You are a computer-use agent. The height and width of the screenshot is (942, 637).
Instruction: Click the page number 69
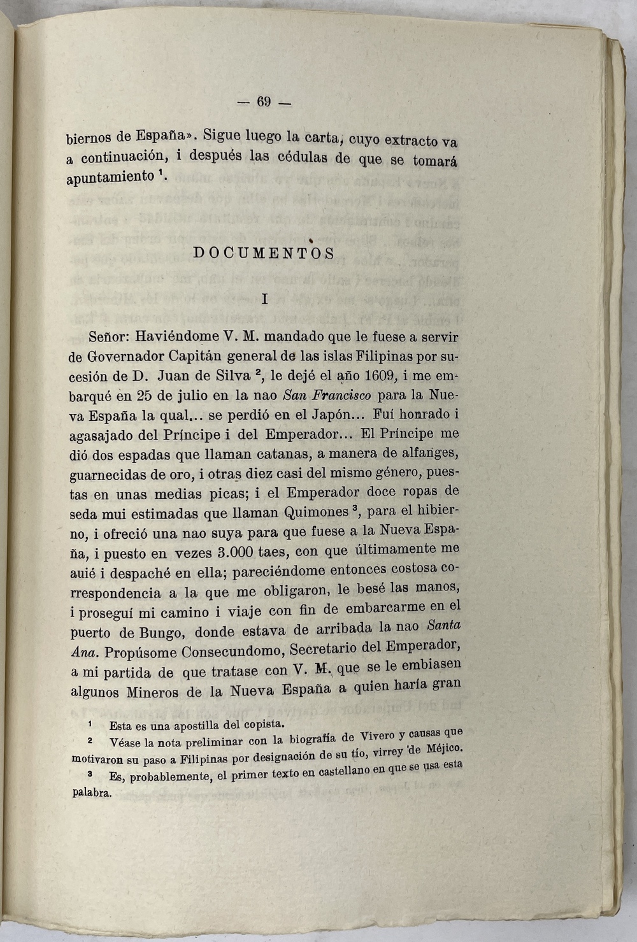pos(264,102)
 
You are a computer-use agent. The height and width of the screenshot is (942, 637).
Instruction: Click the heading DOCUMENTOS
pos(264,253)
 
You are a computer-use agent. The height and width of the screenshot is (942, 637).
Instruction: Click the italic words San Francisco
pos(327,395)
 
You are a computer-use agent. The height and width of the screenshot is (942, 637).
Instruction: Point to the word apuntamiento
pos(110,177)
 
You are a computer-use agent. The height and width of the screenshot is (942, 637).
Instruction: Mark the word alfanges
pos(424,453)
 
